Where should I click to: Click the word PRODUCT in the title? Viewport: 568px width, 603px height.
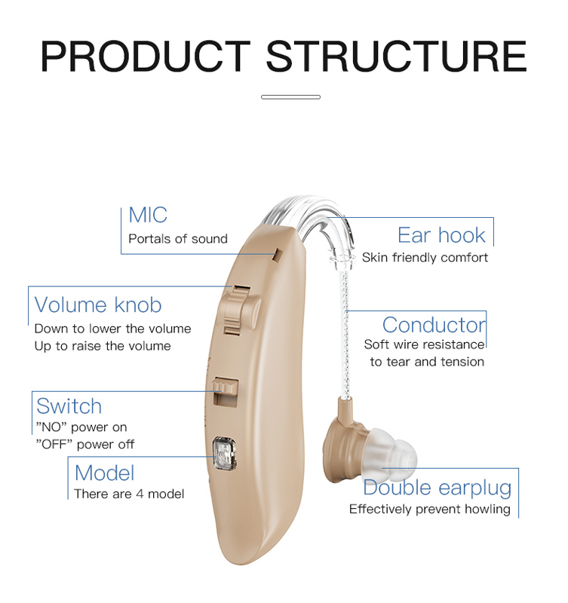pyautogui.click(x=146, y=56)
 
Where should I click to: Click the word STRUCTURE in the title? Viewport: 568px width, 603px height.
pyautogui.click(x=396, y=56)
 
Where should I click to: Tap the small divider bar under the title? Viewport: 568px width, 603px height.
pyautogui.click(x=290, y=97)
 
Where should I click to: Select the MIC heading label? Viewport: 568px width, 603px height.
pyautogui.click(x=148, y=215)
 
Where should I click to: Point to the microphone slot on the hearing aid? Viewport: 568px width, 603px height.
pyautogui.click(x=277, y=256)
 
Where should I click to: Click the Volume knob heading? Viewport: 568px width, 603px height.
pyautogui.click(x=98, y=305)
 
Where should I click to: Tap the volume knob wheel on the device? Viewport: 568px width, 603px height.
pyautogui.click(x=238, y=310)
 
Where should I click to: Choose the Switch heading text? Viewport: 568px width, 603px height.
pyautogui.click(x=69, y=406)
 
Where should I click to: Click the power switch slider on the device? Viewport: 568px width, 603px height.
pyautogui.click(x=226, y=391)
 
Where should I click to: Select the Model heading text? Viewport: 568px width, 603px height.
pyautogui.click(x=104, y=473)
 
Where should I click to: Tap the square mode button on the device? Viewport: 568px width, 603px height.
pyautogui.click(x=224, y=454)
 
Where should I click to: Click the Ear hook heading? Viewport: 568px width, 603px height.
pyautogui.click(x=441, y=235)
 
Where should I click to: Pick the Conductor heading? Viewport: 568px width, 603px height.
pyautogui.click(x=434, y=325)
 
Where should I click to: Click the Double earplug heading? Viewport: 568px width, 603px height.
pyautogui.click(x=438, y=488)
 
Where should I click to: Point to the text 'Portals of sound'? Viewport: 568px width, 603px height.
pyautogui.click(x=178, y=239)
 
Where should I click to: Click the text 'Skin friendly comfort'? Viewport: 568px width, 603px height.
pyautogui.click(x=425, y=257)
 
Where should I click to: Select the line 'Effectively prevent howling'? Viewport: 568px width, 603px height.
pyautogui.click(x=430, y=510)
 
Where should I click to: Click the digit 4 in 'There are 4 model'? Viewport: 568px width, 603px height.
pyautogui.click(x=140, y=494)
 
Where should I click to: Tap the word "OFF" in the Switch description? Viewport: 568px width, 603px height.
pyautogui.click(x=54, y=444)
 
